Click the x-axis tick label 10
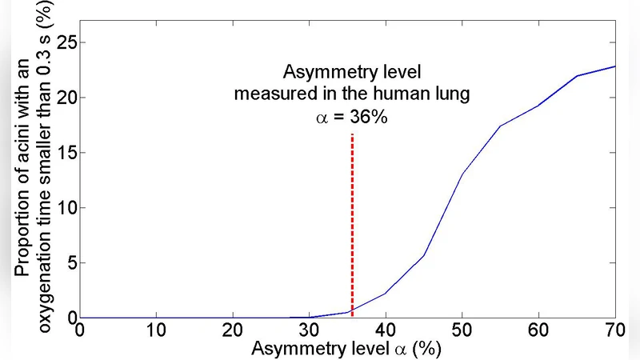click(156, 331)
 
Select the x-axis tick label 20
click(233, 331)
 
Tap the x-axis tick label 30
click(310, 331)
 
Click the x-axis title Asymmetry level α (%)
click(346, 350)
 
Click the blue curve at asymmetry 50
click(462, 174)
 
